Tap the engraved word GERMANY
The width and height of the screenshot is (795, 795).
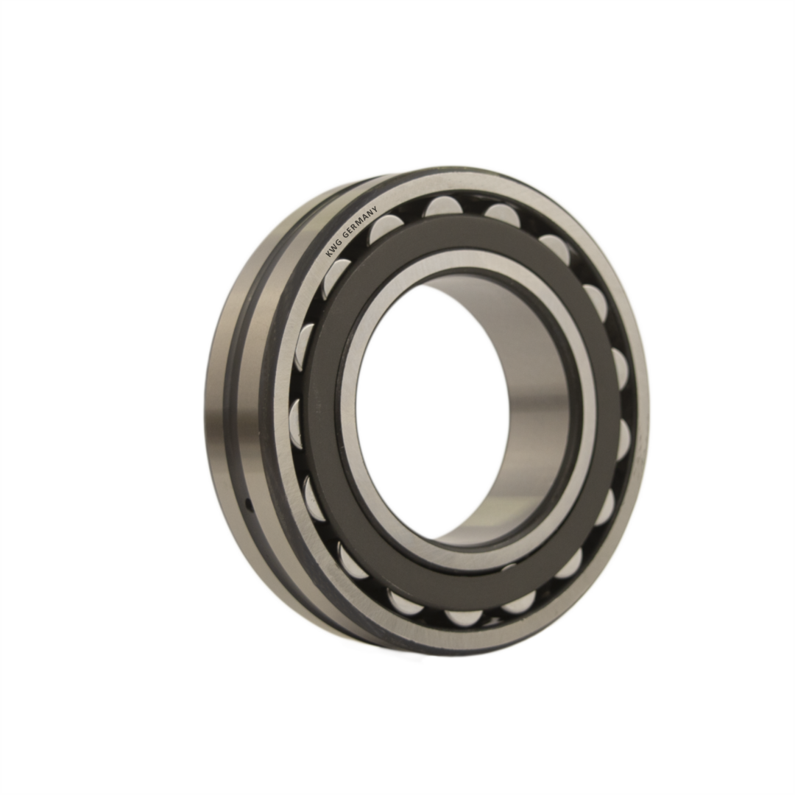[x=361, y=222]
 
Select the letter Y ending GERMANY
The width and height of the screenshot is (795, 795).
[x=375, y=209]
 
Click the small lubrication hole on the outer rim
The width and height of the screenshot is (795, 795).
[x=249, y=504]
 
